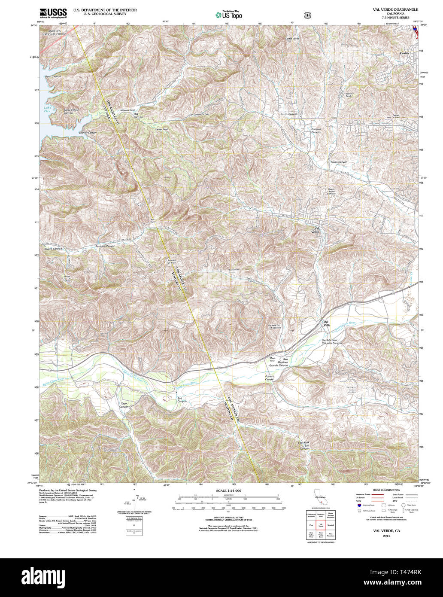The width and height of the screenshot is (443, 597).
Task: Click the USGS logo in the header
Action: [53, 13]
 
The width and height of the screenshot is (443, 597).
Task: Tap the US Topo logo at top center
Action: [228, 15]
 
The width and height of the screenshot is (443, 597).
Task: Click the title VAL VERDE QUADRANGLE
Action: [395, 9]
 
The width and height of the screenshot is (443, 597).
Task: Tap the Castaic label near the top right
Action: [405, 53]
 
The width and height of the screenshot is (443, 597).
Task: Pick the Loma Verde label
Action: [292, 39]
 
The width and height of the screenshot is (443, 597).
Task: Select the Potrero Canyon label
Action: [270, 378]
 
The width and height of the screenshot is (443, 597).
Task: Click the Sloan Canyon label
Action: [339, 162]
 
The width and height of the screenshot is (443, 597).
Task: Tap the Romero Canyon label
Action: [316, 130]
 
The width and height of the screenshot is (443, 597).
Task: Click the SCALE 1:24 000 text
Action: [228, 490]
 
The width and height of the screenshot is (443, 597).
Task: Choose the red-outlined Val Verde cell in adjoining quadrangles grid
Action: [320, 524]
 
